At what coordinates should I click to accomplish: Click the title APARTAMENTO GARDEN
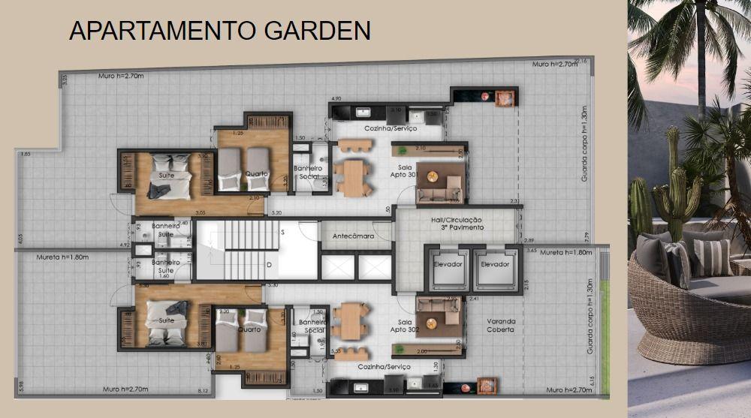click(x=219, y=31)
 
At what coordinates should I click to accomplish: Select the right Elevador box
click(x=495, y=265)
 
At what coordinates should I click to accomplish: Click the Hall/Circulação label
click(x=457, y=224)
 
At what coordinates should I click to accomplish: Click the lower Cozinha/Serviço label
click(x=385, y=366)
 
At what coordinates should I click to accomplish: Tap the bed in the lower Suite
click(x=167, y=323)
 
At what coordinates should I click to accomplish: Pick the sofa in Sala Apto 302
click(x=438, y=316)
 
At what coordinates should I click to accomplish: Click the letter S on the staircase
click(x=282, y=233)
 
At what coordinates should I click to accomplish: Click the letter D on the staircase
click(x=269, y=265)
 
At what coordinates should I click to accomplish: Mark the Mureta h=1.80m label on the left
click(x=62, y=257)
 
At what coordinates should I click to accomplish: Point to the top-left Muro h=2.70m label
click(x=122, y=76)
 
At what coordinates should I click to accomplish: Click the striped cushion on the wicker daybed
click(x=710, y=257)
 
